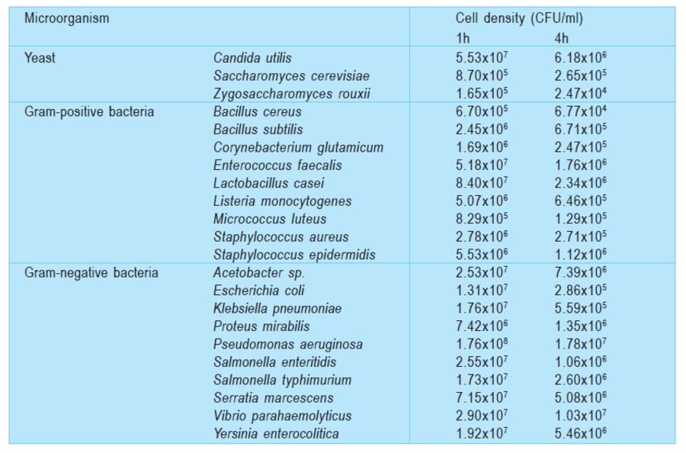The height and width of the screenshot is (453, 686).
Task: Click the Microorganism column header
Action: click(66, 18)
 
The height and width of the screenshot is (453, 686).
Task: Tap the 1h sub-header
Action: click(463, 38)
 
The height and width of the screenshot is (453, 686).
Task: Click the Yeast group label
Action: click(40, 57)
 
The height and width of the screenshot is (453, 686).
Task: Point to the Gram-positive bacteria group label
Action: click(88, 111)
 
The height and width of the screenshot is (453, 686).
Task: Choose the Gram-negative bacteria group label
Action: click(91, 272)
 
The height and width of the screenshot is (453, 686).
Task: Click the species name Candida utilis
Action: click(252, 57)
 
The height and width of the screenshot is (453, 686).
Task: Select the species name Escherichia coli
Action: click(255, 291)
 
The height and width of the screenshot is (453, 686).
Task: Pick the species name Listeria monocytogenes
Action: click(282, 201)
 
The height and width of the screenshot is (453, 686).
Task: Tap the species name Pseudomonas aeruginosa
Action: click(287, 344)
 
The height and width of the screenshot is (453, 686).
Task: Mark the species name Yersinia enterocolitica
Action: click(276, 434)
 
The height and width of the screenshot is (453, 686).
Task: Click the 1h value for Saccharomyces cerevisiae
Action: click(482, 75)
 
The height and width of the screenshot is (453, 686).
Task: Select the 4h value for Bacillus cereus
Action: click(581, 111)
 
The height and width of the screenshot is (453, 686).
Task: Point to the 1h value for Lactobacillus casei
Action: click(482, 183)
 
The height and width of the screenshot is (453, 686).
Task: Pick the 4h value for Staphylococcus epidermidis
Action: click(581, 255)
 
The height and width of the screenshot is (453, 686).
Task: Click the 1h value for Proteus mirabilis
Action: click(482, 326)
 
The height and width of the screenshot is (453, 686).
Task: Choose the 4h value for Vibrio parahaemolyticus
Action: click(581, 416)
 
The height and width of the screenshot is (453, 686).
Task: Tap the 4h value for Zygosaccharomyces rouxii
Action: click(581, 94)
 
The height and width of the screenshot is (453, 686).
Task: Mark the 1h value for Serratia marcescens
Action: click(482, 398)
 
